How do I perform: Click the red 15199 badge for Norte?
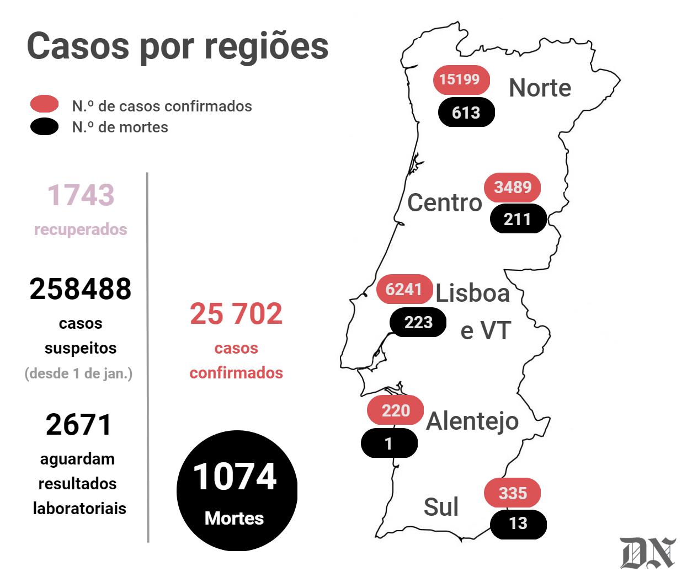[x=461, y=80]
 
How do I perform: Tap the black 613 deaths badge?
[x=466, y=112]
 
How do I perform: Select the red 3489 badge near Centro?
[x=512, y=188]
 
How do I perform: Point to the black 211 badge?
[x=518, y=218]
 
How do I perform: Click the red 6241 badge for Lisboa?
[x=404, y=289]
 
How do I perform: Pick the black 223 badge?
[x=418, y=322]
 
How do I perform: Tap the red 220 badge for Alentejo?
[x=396, y=410]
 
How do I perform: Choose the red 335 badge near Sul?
[x=512, y=493]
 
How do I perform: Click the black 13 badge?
[x=518, y=525]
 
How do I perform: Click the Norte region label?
[x=540, y=88]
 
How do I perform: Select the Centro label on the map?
[x=445, y=202]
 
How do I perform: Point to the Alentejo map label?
[x=472, y=421]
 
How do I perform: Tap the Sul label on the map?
[x=441, y=507]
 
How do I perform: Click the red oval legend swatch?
[x=44, y=104]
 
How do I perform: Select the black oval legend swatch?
[x=44, y=127]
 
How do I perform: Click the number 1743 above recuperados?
[x=81, y=195]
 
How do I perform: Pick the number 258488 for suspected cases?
[x=80, y=289]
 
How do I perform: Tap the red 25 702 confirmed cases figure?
[x=236, y=313]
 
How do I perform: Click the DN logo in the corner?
[x=647, y=553]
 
